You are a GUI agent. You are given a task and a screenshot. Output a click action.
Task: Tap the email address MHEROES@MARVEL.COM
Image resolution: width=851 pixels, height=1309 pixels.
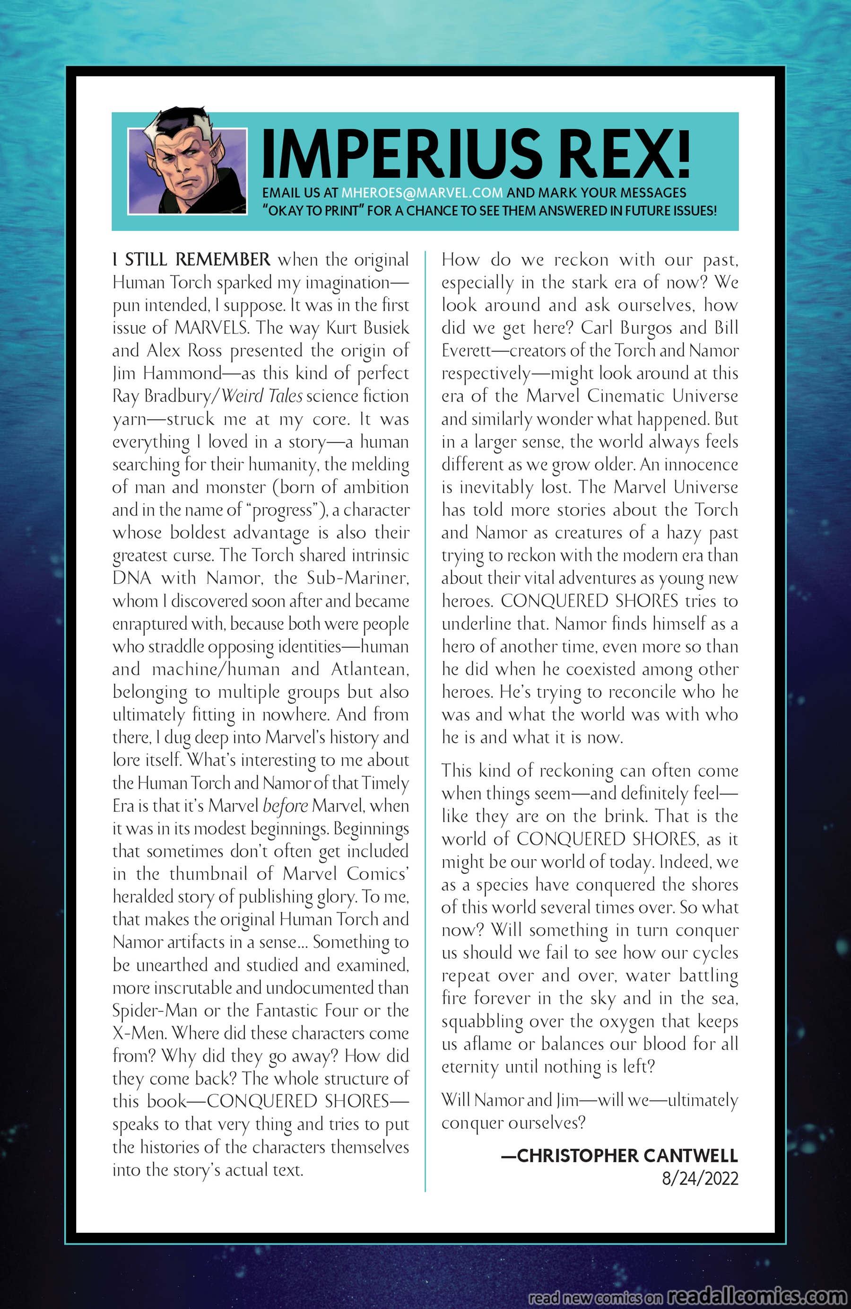click(x=422, y=193)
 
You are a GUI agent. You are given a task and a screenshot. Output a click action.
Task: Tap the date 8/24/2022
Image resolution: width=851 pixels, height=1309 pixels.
click(x=699, y=1178)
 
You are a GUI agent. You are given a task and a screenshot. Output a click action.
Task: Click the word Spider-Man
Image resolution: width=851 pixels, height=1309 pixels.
click(x=155, y=1010)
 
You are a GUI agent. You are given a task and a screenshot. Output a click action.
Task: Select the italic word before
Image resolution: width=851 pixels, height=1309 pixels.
click(x=285, y=806)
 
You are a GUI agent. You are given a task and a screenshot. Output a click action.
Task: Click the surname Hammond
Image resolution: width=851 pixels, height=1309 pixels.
click(x=182, y=373)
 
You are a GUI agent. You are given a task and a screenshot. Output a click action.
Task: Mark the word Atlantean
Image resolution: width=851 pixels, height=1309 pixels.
click(x=369, y=669)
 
